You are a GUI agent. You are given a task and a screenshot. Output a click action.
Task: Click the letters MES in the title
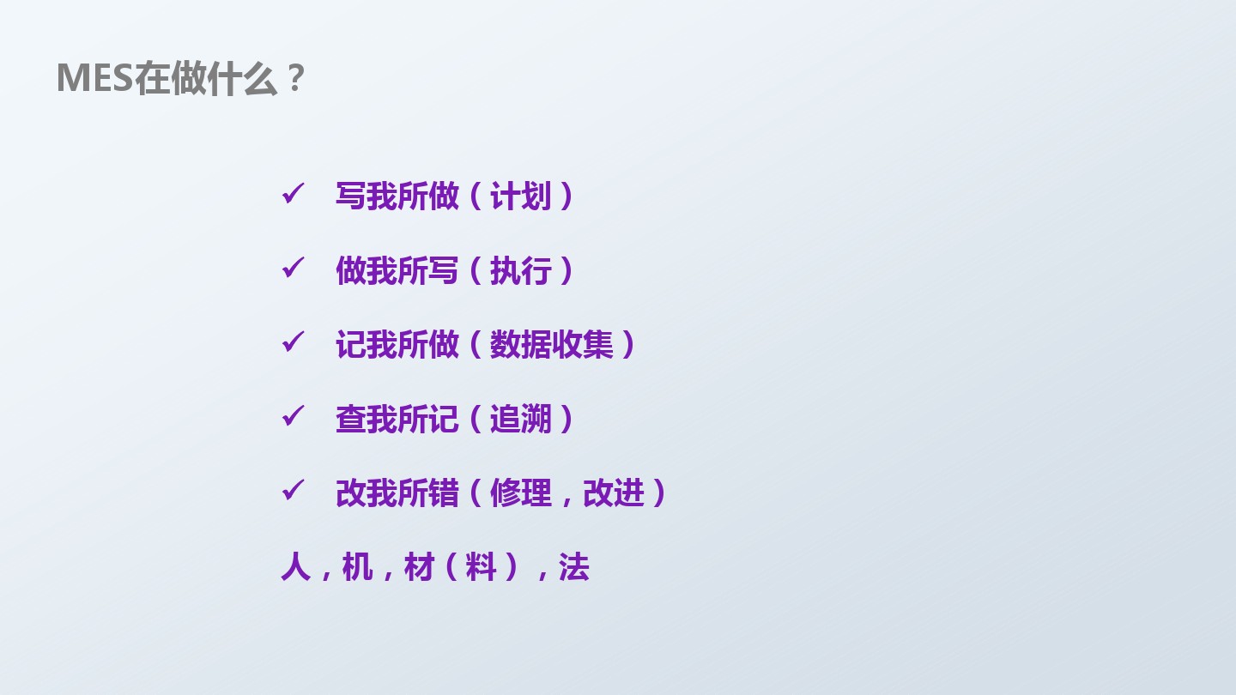point(95,78)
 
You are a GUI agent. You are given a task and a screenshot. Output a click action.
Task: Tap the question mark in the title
point(296,78)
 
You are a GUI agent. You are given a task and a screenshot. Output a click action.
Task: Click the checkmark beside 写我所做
point(293,194)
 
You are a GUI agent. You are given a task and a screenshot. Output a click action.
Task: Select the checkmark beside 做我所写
point(293,268)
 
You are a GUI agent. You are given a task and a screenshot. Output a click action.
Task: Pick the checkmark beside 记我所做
point(293,342)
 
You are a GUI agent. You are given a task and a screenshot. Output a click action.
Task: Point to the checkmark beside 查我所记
point(293,416)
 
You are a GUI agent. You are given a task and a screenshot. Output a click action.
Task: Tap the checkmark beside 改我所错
point(293,491)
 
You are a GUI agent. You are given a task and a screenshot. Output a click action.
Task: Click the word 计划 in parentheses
point(520,196)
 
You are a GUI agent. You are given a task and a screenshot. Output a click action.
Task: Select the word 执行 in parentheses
point(520,270)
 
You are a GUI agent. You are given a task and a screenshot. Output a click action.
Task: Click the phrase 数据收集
point(551,344)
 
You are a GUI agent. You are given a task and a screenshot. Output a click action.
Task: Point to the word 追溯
point(520,419)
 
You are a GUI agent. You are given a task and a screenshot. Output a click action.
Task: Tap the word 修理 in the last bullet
point(520,493)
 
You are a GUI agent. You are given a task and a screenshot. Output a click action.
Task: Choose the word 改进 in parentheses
point(614,493)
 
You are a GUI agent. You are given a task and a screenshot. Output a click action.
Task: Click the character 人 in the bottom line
point(296,567)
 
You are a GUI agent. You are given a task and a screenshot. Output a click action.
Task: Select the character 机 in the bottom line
point(358,567)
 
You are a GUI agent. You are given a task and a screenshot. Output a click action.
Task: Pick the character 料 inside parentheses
point(481,567)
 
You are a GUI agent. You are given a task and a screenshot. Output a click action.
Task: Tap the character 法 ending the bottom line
point(574,567)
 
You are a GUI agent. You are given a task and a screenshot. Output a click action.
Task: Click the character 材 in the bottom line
point(420,567)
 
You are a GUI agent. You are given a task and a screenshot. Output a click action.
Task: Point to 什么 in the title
point(242,78)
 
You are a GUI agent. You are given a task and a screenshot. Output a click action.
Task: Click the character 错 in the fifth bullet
point(444,493)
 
